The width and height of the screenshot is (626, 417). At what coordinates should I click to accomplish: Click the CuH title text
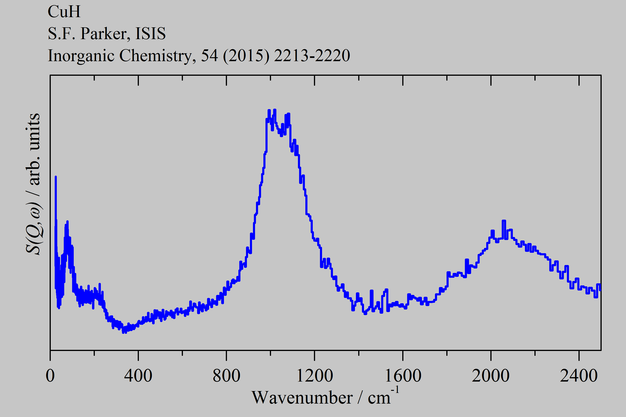[64, 12]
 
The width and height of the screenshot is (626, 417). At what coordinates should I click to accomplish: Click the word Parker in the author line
[104, 34]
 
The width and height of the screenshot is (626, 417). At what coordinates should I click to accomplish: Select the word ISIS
[150, 34]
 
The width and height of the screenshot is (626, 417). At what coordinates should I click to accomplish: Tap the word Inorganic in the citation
[81, 56]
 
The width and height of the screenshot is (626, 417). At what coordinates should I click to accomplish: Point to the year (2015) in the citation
[246, 56]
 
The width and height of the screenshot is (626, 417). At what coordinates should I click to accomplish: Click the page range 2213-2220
[312, 56]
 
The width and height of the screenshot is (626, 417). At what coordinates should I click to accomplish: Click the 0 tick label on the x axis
[50, 376]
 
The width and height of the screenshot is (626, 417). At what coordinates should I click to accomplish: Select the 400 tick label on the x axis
[138, 376]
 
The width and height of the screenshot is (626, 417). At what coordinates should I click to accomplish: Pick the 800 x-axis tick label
[226, 376]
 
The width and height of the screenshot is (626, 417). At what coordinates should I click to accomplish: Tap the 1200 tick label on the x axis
[314, 376]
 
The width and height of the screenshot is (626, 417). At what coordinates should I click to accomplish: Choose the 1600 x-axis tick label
[403, 376]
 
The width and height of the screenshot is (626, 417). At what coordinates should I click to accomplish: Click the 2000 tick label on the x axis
[491, 376]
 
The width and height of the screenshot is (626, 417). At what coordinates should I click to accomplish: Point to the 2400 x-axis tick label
[579, 376]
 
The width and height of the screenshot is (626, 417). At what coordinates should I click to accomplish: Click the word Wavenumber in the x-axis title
[302, 398]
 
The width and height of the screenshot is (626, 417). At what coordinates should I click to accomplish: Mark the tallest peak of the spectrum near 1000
[275, 110]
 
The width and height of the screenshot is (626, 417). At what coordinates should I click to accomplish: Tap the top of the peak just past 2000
[504, 221]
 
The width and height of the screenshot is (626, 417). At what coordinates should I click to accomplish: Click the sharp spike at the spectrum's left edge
[56, 177]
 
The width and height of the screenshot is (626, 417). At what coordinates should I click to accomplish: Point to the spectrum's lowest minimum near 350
[124, 332]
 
